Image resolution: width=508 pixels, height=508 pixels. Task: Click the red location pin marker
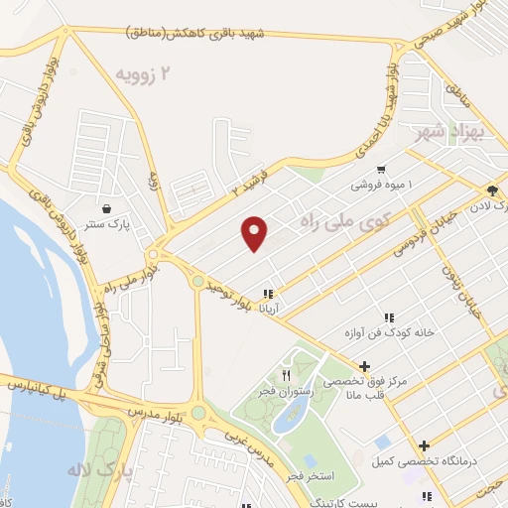tap(255, 233)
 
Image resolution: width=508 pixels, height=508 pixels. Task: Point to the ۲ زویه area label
tap(144, 73)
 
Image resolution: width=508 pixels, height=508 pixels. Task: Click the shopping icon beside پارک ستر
tap(106, 209)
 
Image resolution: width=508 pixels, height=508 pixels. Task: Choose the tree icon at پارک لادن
tap(492, 190)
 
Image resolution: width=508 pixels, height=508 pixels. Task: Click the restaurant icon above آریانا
tap(267, 294)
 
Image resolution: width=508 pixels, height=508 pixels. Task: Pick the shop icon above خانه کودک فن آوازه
tap(389, 317)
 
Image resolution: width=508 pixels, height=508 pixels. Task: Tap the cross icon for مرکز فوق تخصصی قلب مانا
tap(366, 366)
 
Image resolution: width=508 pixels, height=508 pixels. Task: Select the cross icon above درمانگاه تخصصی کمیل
tap(425, 445)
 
